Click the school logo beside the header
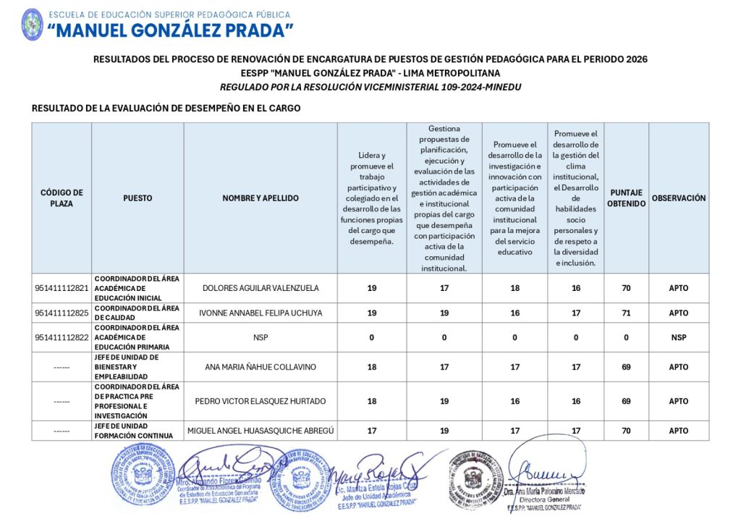click(33, 24)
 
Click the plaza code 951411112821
click(62, 288)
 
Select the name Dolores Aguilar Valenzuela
click(261, 288)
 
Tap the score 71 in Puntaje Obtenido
click(626, 313)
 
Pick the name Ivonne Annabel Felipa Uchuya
click(261, 313)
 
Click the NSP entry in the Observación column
click(678, 337)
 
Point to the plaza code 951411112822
click(62, 337)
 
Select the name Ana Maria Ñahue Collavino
click(261, 367)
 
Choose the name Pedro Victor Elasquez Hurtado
click(261, 401)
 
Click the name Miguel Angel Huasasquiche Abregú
click(261, 431)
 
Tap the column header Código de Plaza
click(62, 198)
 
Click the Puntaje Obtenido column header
click(626, 198)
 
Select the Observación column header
click(678, 198)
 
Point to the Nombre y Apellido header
click(261, 198)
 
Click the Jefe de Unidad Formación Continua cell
click(137, 431)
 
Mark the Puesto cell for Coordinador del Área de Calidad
click(137, 313)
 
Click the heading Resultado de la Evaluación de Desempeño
click(166, 109)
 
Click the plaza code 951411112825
click(62, 313)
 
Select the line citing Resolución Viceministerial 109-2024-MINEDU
click(370, 88)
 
